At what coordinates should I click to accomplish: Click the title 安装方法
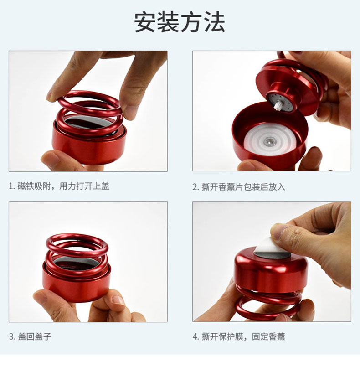point(180,22)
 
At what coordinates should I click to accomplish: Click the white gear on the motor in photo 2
point(277,105)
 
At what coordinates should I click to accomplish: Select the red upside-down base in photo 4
point(270,270)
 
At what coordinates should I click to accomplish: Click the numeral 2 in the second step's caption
point(195,187)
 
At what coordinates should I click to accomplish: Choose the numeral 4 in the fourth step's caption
point(195,336)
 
